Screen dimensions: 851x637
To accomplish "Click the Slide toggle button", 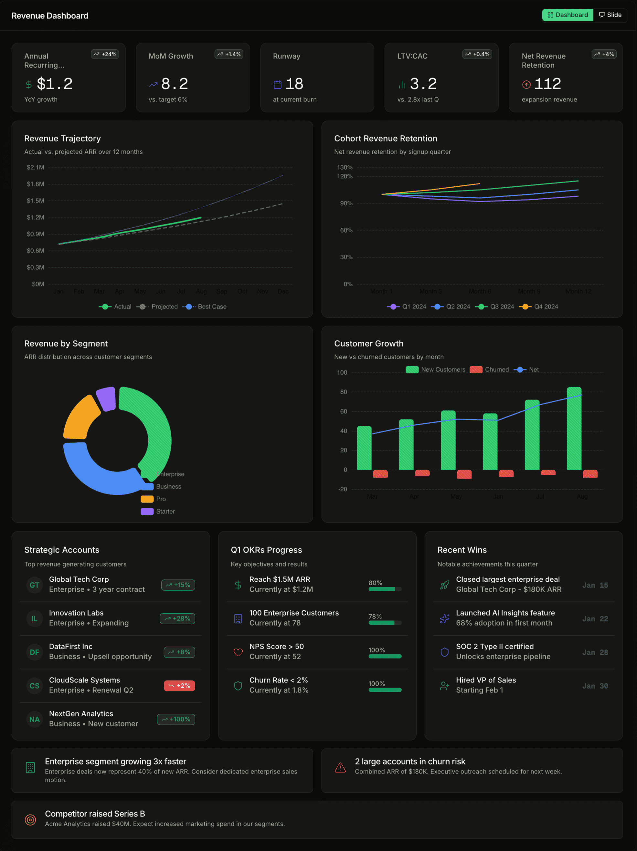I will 610,15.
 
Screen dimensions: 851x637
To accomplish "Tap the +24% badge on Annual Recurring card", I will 105,54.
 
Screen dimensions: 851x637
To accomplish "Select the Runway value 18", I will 294,84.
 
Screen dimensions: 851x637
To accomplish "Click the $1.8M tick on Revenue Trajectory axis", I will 36,184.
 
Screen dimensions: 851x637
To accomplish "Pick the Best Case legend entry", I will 205,306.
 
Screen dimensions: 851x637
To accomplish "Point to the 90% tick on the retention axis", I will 346,203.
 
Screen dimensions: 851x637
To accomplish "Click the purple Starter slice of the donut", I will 106,399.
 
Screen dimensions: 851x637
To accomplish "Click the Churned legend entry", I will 490,370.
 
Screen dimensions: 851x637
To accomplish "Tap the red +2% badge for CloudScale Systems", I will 179,686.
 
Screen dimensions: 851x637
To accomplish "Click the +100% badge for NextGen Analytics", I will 176,719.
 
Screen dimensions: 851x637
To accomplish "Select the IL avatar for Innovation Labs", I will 34,618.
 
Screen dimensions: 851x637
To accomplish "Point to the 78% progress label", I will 375,616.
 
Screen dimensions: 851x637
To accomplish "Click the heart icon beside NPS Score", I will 238,652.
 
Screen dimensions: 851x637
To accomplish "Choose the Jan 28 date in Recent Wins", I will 595,652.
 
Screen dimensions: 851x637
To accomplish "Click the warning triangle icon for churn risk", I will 340,768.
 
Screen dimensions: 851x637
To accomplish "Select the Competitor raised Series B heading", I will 95,814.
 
